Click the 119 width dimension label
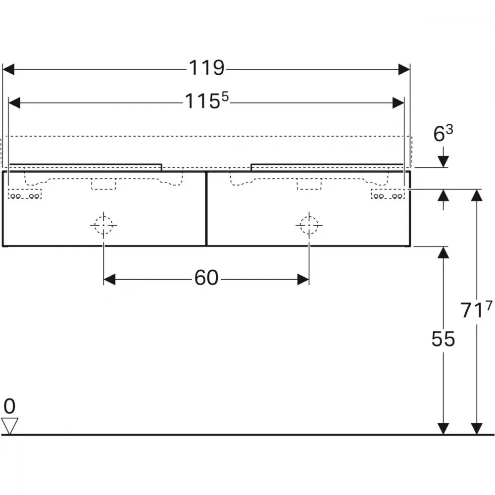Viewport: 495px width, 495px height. pos(206,68)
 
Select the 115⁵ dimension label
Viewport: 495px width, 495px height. pos(206,100)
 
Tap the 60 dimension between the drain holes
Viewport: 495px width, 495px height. pos(206,278)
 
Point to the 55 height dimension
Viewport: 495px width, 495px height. pos(443,339)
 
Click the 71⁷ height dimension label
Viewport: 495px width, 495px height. pos(476,309)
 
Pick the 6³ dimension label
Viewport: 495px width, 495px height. pos(443,133)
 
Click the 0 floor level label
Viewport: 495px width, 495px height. pos(9,406)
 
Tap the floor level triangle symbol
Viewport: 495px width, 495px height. pos(9,426)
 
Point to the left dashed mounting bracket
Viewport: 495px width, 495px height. pos(25,194)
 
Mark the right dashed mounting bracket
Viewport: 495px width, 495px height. pos(388,194)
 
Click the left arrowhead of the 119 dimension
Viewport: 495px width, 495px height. pos(8,69)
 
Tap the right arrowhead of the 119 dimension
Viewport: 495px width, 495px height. pos(404,69)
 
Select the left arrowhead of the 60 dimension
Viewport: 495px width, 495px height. pos(109,279)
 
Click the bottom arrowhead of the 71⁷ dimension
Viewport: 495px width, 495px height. pos(476,429)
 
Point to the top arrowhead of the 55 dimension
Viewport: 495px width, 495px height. pos(443,252)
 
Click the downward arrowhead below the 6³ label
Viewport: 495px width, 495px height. pos(443,162)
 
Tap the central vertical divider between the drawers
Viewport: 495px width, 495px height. pos(206,209)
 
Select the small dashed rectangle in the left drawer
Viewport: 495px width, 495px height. pos(104,184)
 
